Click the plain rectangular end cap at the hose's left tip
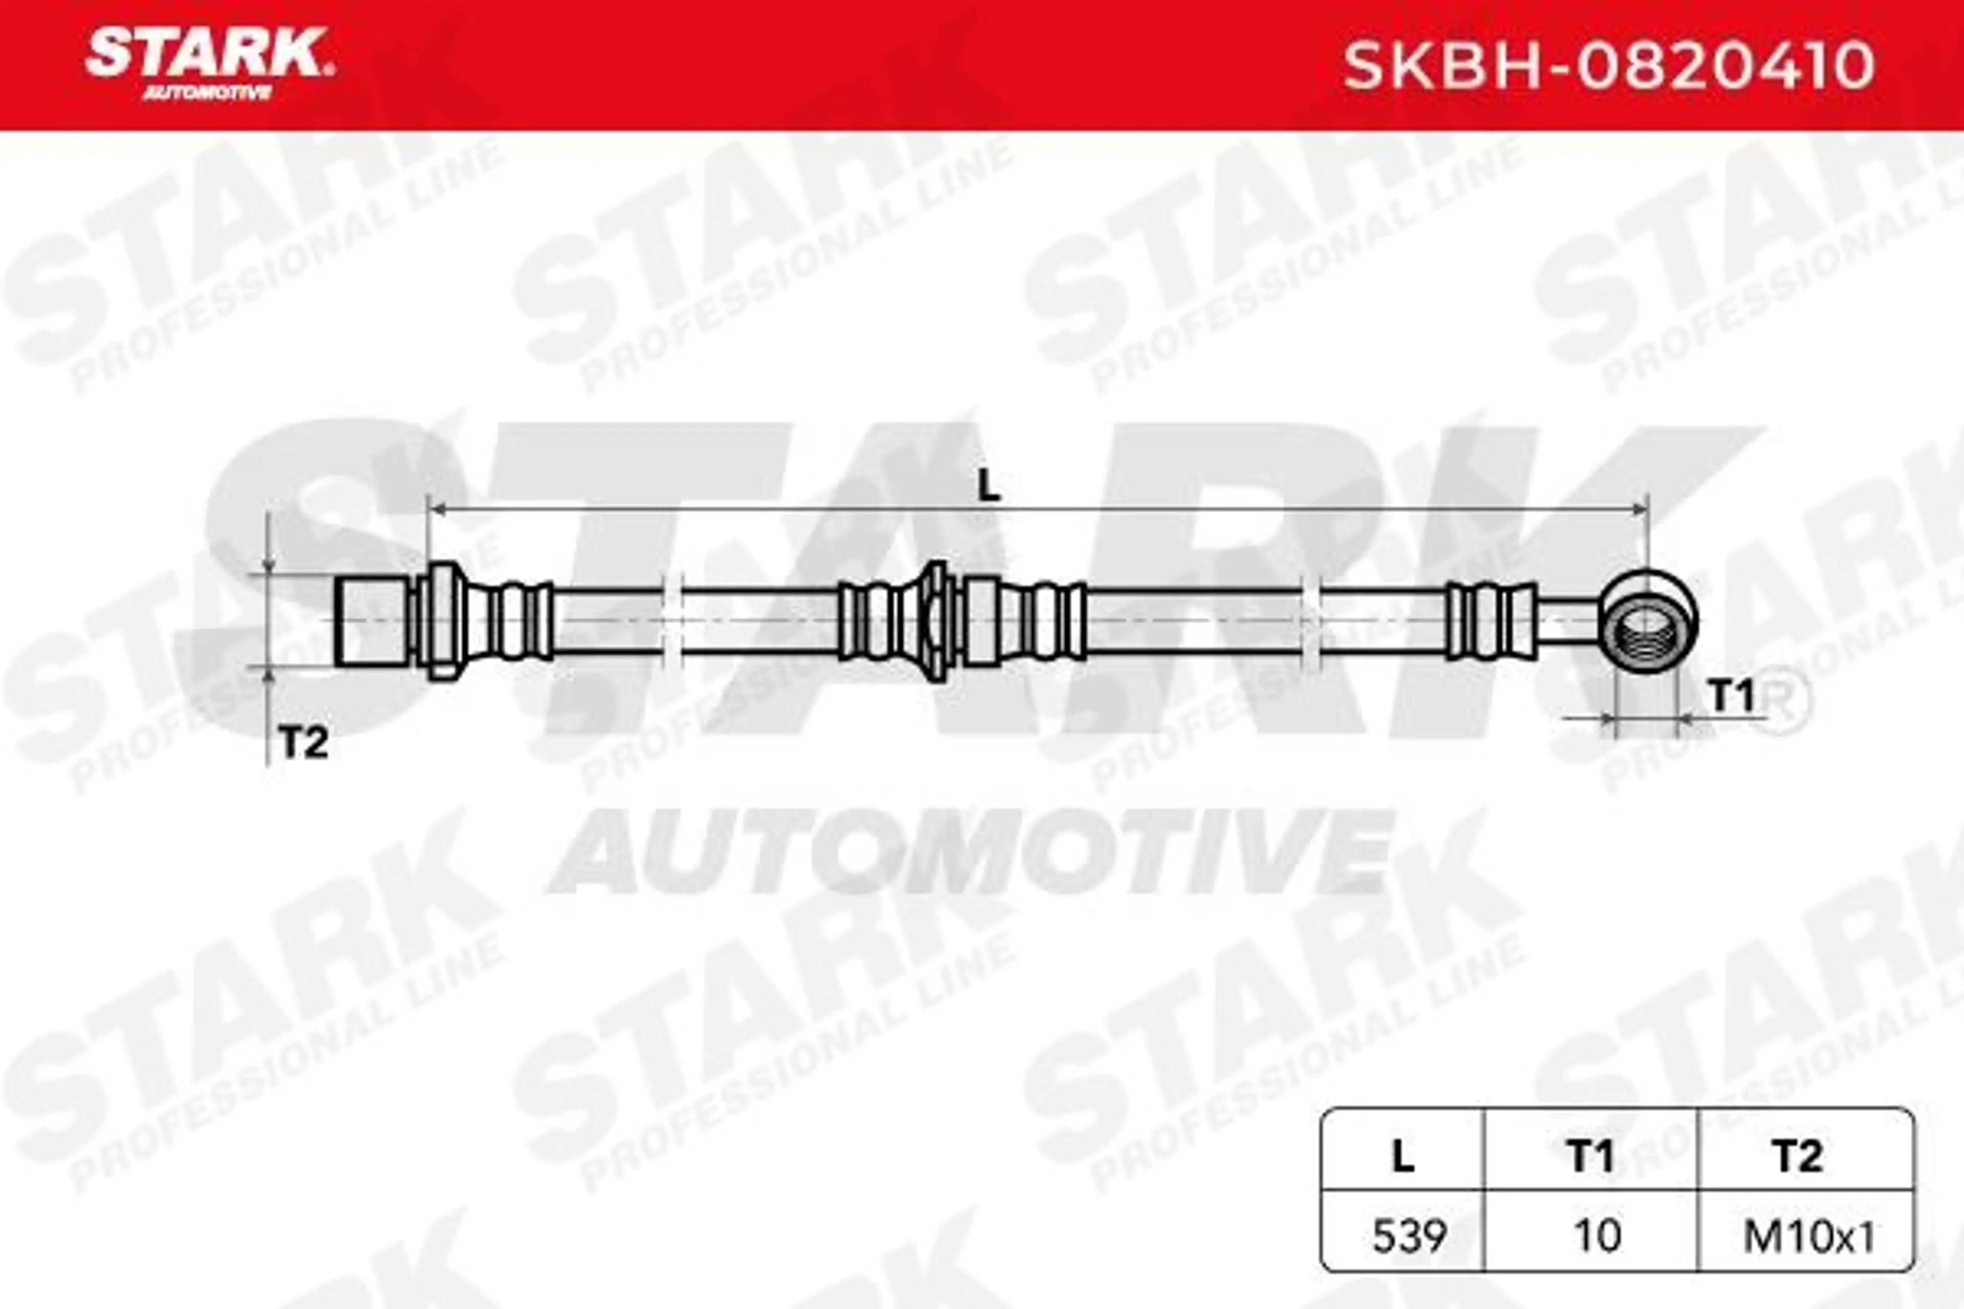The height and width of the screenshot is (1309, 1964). [374, 621]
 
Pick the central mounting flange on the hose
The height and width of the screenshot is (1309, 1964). [937, 621]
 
